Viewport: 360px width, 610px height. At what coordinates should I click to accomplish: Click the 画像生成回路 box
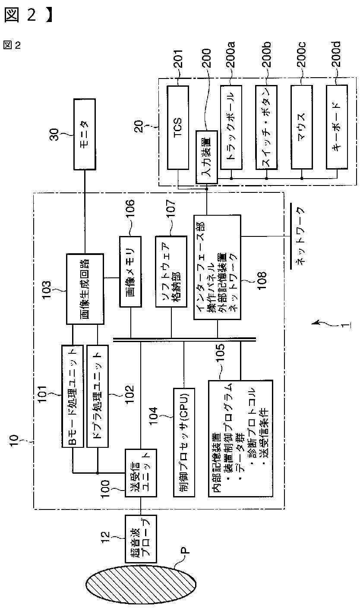[x=85, y=289]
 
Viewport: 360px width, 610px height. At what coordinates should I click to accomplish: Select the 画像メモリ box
[x=130, y=271]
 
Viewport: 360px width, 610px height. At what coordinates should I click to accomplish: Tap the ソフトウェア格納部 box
[x=171, y=271]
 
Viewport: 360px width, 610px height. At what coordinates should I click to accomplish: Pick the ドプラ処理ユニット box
[x=97, y=396]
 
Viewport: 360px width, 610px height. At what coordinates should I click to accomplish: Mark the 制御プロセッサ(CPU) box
[x=183, y=442]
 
